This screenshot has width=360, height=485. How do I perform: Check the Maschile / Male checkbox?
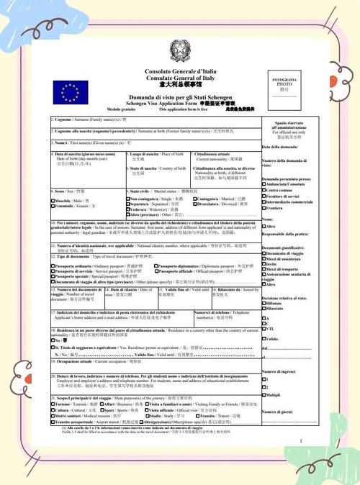click(53, 199)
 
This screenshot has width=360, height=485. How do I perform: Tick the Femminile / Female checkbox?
click(53, 205)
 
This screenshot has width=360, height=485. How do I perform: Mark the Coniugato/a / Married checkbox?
click(195, 198)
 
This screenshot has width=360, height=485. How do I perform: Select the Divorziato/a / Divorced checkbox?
click(195, 204)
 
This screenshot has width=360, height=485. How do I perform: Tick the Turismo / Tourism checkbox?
click(53, 404)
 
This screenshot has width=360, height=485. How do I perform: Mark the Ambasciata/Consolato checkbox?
click(264, 183)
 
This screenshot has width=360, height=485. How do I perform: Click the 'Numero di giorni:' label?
click(279, 411)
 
